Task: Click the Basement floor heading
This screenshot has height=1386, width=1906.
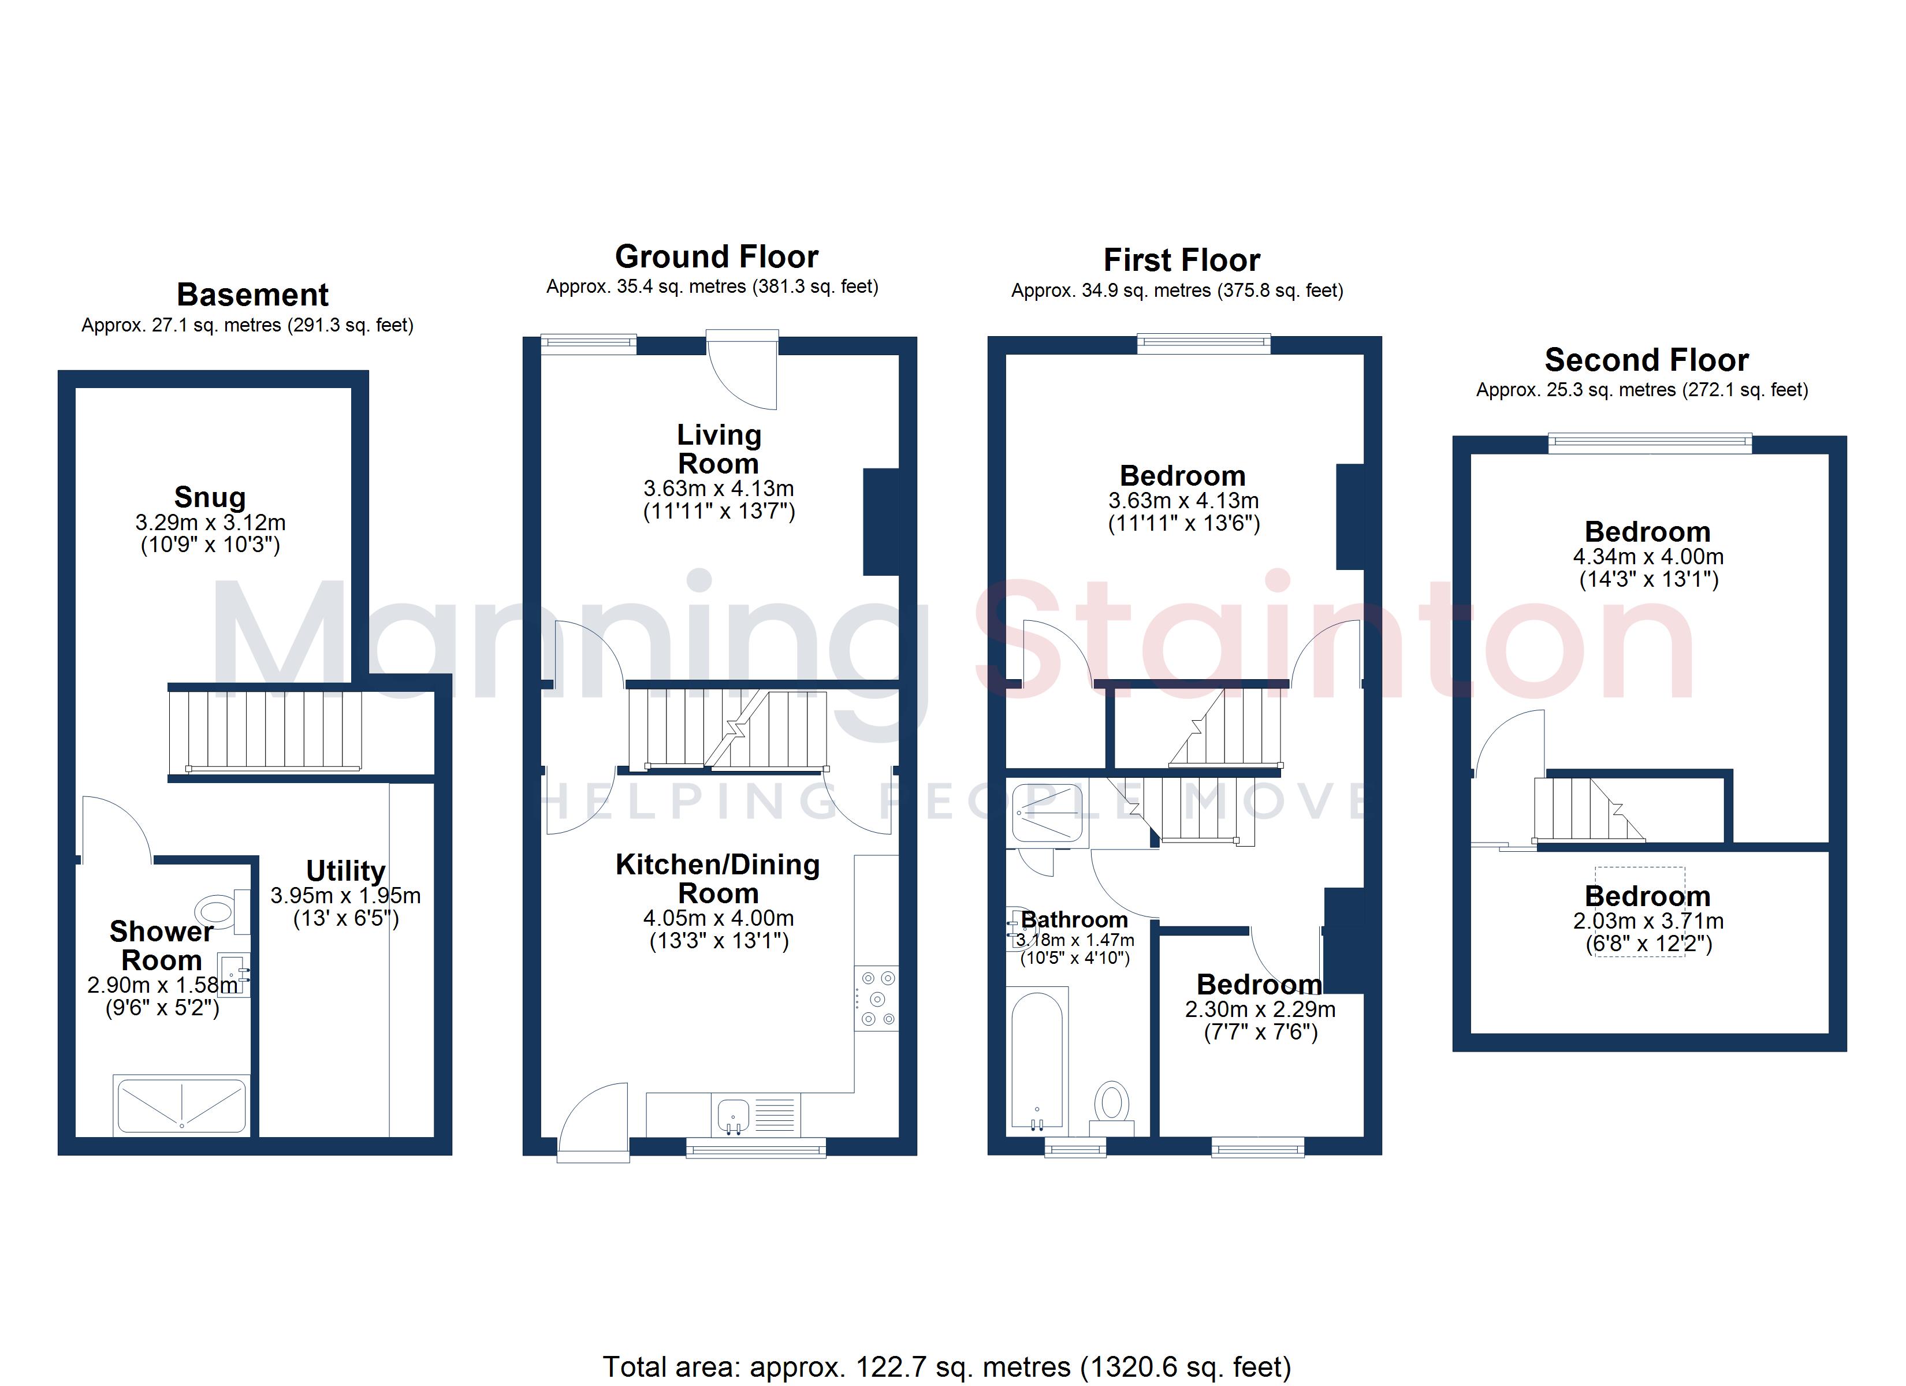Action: [252, 295]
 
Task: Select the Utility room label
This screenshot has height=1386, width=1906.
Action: [345, 871]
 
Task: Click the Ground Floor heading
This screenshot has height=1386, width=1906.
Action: [716, 256]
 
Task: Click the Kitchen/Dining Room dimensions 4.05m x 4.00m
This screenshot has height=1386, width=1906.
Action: [719, 918]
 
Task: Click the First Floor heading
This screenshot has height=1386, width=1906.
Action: [1182, 260]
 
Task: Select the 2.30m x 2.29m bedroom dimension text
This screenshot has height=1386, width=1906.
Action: [1260, 1009]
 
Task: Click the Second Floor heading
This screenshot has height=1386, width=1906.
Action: [1646, 360]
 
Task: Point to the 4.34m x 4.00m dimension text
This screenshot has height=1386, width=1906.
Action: [1648, 556]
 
